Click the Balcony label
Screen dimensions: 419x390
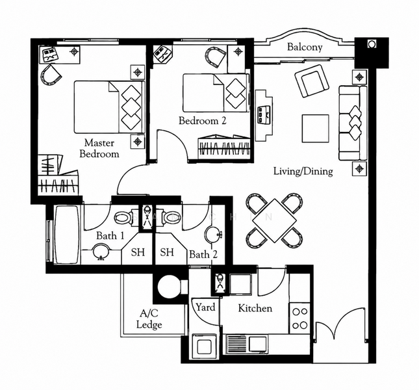tap(305, 47)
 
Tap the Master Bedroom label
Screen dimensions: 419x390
tap(99, 148)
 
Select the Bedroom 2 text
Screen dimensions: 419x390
tap(202, 120)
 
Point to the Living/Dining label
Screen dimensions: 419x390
tap(303, 172)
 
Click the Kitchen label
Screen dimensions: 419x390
tap(255, 308)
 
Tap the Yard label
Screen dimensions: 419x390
tap(205, 307)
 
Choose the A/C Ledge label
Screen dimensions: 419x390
tap(149, 319)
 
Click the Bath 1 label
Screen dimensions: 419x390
tap(110, 236)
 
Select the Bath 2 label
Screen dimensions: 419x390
tap(203, 254)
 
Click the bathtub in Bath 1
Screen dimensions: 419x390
tap(67, 235)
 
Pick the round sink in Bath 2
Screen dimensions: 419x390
tap(213, 235)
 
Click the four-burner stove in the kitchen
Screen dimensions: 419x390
tap(299, 318)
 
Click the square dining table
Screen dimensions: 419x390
tap(274, 221)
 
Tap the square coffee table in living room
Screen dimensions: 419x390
tap(315, 129)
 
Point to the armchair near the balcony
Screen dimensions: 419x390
tap(312, 81)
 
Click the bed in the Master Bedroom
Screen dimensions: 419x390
tap(109, 107)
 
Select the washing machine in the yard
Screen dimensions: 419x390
tap(205, 346)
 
